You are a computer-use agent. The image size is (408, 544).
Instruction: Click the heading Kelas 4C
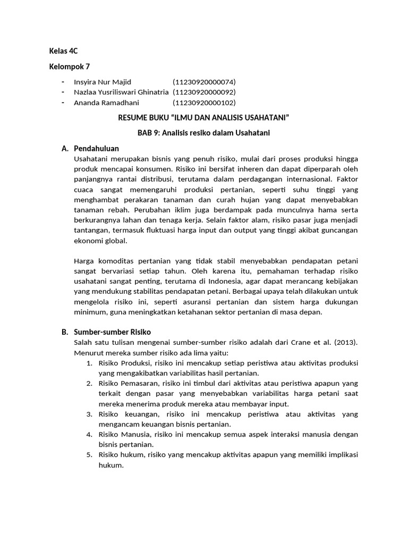63,52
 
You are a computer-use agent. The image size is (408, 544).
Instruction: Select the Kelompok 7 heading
69,67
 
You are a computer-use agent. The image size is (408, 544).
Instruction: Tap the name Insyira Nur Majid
102,82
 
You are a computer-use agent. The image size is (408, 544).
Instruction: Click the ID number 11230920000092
204,92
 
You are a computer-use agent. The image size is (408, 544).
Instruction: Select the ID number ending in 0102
204,103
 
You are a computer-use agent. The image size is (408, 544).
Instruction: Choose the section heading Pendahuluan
96,148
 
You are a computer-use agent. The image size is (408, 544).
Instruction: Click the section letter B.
64,332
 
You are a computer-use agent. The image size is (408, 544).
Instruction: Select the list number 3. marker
89,414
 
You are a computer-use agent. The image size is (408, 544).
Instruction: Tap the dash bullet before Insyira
63,82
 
